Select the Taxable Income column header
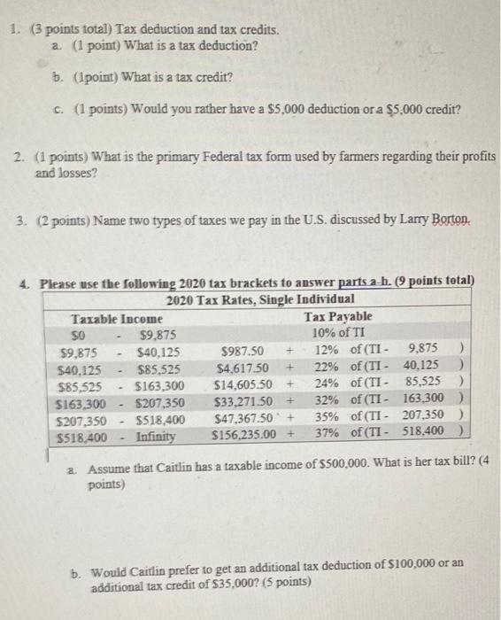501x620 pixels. click(x=116, y=316)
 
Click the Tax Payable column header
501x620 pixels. click(x=338, y=316)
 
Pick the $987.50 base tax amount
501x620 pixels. click(x=235, y=352)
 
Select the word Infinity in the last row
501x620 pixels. click(x=156, y=437)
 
